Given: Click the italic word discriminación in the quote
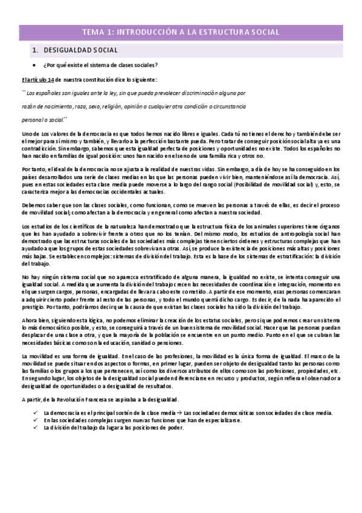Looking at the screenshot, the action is [199, 94].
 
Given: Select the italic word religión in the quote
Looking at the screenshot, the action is [132, 106].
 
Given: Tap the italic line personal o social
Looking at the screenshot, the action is [45, 119].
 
